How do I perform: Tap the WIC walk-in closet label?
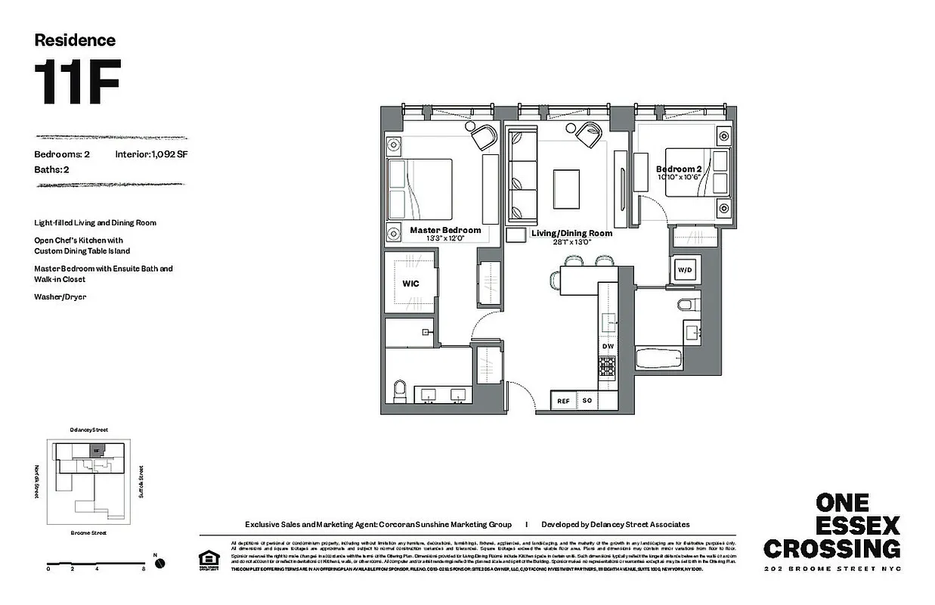coord(410,284)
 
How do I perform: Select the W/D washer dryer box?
coord(685,269)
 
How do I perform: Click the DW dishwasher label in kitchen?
coord(608,346)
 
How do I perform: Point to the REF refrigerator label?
coord(563,401)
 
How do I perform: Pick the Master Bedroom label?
coord(445,230)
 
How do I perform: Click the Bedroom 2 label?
coord(678,169)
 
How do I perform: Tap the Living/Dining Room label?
coord(571,234)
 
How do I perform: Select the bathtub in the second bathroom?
coord(660,358)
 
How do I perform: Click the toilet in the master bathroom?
coord(401,391)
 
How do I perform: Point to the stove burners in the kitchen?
coord(608,367)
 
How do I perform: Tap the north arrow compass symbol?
coord(159,563)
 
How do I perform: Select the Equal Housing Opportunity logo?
coord(206,560)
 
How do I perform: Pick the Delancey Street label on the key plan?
coord(88,430)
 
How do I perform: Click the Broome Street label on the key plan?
coord(88,532)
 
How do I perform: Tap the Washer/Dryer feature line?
coord(60,297)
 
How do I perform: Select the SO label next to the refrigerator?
coord(587,401)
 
